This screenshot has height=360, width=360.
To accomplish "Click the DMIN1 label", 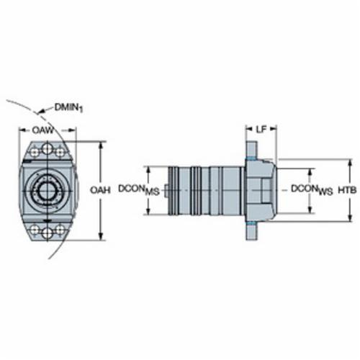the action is click(x=69, y=108).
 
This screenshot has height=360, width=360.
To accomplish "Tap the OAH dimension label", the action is click(x=100, y=190).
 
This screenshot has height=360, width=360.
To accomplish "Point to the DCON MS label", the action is click(x=139, y=190).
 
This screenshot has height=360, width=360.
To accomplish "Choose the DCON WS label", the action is click(x=312, y=190).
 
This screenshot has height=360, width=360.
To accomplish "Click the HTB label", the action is click(x=347, y=190).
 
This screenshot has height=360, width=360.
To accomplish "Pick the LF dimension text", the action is click(x=261, y=130).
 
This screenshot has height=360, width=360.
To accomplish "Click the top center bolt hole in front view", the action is click(x=48, y=149).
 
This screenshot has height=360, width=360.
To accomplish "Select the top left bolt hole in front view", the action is click(x=35, y=152).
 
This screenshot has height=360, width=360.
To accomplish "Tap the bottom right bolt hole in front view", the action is click(x=60, y=229).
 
